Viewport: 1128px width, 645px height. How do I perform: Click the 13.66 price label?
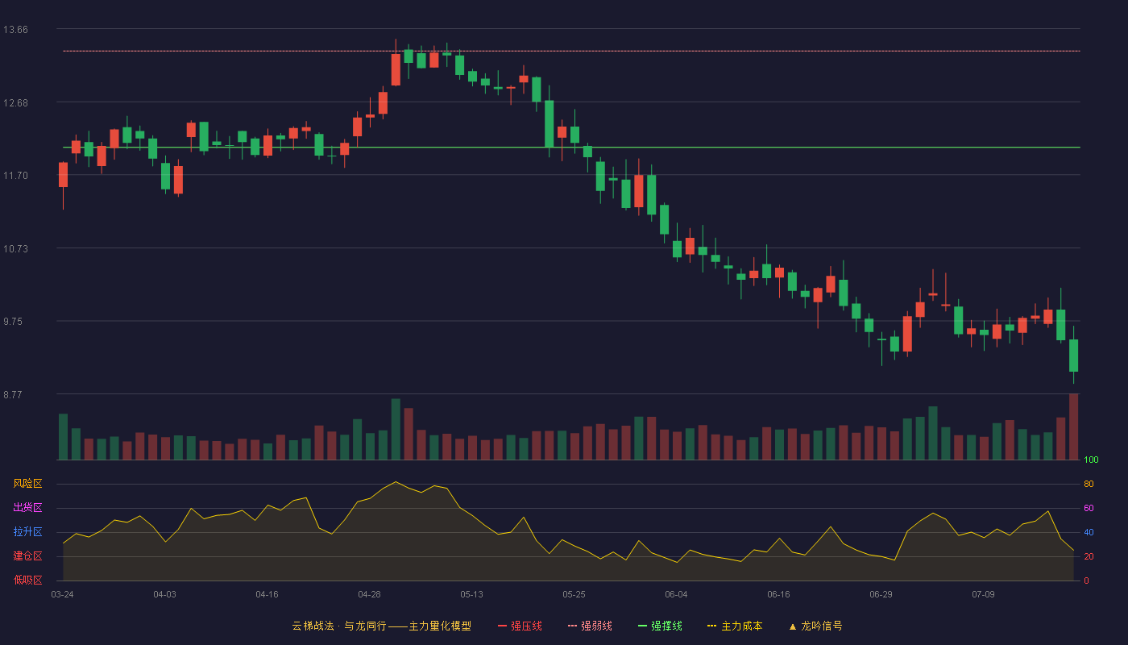click(x=15, y=30)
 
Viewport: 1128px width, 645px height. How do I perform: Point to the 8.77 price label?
click(x=13, y=394)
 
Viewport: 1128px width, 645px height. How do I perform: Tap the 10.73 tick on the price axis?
click(x=15, y=249)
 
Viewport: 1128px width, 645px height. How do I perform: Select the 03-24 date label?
click(x=63, y=595)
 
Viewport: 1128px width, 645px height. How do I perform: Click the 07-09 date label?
click(x=984, y=595)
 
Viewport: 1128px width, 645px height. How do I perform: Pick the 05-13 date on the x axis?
click(x=472, y=595)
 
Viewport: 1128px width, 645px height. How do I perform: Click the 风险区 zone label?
click(x=27, y=484)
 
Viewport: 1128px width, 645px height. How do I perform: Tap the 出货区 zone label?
click(x=27, y=507)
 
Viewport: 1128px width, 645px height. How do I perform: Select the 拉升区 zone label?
click(x=27, y=531)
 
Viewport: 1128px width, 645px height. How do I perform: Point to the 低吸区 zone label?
click(x=27, y=580)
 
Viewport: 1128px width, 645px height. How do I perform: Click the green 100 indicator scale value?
click(x=1091, y=460)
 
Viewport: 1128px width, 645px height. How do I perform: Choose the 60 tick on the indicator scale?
click(x=1089, y=508)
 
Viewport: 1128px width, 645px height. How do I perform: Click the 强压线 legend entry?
click(x=520, y=626)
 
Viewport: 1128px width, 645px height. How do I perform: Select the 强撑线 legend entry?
click(x=660, y=626)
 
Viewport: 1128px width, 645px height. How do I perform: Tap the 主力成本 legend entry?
click(x=735, y=626)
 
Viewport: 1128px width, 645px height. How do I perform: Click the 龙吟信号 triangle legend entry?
click(x=815, y=626)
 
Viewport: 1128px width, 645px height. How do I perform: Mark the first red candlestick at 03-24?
click(x=63, y=175)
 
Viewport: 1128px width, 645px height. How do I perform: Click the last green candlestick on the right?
click(x=1073, y=356)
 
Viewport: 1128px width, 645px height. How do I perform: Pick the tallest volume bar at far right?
click(x=1073, y=427)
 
